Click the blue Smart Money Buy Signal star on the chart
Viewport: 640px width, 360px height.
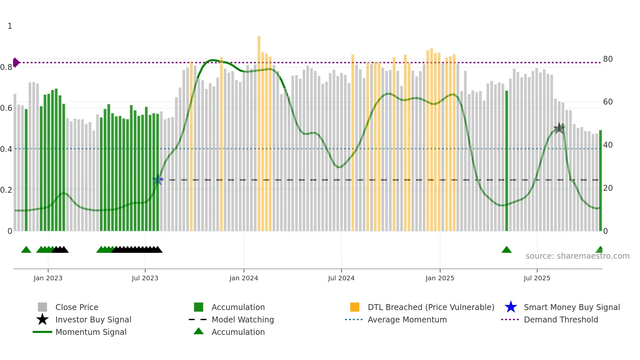tap(158, 180)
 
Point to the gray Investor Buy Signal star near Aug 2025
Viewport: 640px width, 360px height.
tap(559, 128)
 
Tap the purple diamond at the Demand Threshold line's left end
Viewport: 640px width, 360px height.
tap(16, 62)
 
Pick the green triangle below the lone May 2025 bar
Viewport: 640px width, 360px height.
tap(506, 250)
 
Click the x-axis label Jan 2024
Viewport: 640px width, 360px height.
tap(244, 278)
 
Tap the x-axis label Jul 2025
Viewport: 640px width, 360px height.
tap(537, 278)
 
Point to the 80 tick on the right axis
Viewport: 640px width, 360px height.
tap(608, 59)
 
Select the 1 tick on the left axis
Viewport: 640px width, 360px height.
tap(10, 26)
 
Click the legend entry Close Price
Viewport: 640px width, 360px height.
tap(77, 307)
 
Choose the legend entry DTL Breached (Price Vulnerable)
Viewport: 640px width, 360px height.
tap(431, 307)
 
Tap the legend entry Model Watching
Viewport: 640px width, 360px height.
tap(243, 319)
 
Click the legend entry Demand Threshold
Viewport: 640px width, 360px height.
tap(561, 319)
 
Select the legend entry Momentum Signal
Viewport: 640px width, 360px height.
tap(91, 332)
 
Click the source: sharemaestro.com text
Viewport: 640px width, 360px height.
tap(577, 256)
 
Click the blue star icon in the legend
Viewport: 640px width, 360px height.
tap(511, 307)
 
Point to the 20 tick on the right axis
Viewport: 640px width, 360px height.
tap(608, 188)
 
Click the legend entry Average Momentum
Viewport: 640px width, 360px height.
tap(407, 319)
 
